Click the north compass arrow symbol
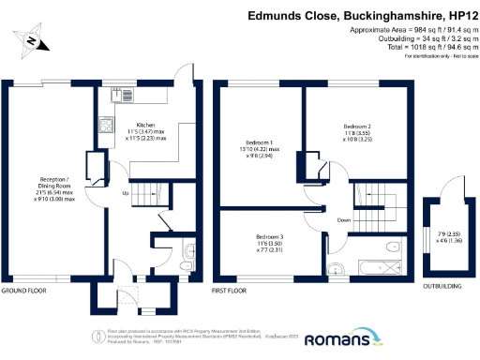[x=32, y=40]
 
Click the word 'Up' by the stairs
[x=126, y=193]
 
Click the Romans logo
[x=334, y=338]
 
